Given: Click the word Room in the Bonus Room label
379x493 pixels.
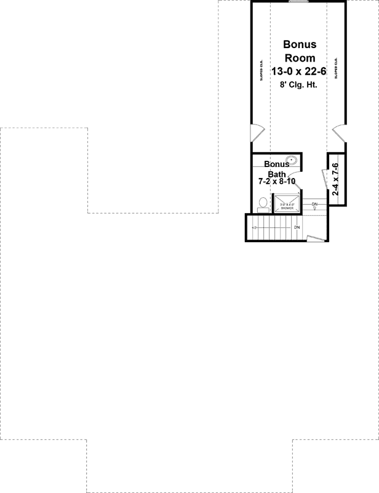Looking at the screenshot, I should pos(299,59).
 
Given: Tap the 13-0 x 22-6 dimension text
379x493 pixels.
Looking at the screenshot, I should pos(300,73).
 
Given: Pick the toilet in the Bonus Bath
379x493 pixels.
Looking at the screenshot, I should pos(263,203).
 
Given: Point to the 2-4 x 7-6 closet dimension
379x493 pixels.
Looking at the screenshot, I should pos(336,179).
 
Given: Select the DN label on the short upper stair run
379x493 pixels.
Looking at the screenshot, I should pos(314,204).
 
